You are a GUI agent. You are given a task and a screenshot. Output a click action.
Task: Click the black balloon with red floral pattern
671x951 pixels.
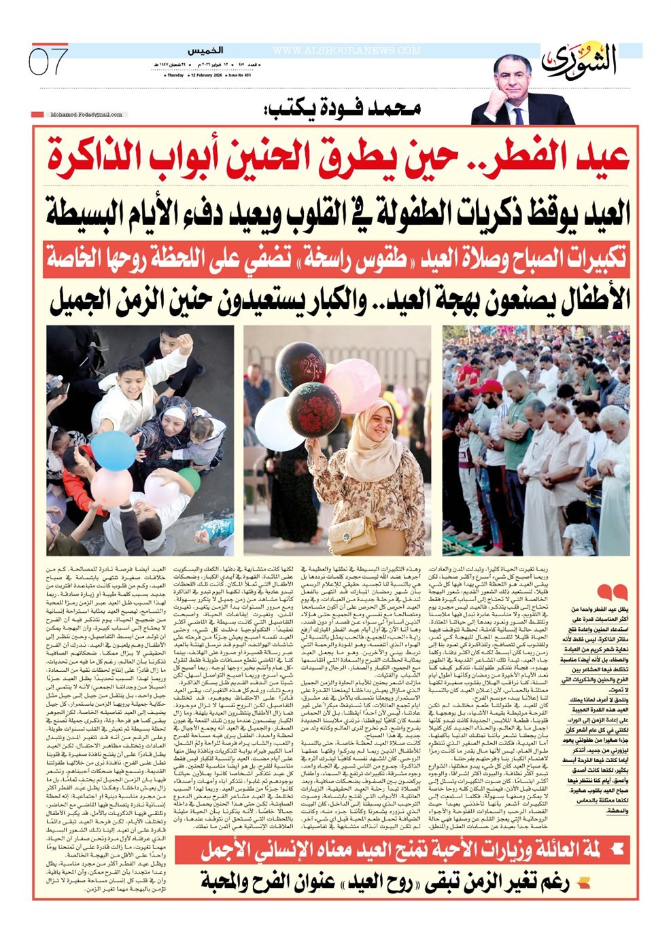314,410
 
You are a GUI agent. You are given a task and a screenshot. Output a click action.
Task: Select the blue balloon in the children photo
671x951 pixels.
113,450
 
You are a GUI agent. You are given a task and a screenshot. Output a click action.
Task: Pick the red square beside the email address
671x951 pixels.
38,115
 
